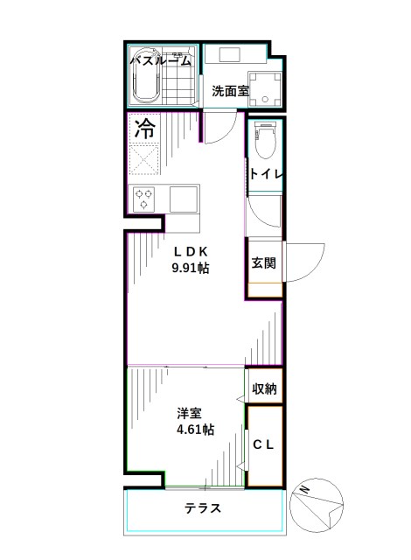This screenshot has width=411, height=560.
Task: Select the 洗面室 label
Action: pos(230,91)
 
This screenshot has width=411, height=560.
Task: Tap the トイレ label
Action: pos(265,174)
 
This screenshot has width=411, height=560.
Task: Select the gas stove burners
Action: pos(144,199)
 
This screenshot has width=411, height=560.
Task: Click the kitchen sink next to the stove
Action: pos(184,198)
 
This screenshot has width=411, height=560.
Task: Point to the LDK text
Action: pos(190,252)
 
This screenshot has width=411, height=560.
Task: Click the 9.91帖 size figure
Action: pos(190,269)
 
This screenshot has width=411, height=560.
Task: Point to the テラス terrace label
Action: pos(202,509)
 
